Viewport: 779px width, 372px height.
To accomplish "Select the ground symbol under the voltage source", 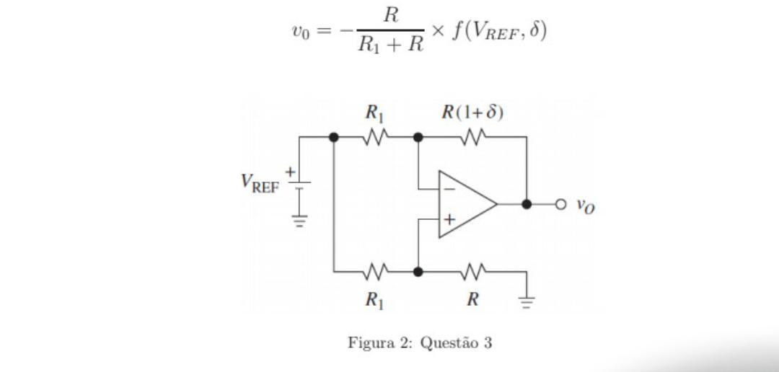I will [x=299, y=221].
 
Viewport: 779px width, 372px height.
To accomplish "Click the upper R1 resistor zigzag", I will [x=375, y=136].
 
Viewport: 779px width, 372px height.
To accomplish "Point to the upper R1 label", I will [x=374, y=112].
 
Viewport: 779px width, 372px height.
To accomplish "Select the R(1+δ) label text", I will [x=472, y=112].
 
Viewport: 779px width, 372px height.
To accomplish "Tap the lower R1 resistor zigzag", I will [x=375, y=272].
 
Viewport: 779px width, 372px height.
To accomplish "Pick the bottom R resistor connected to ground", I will [x=472, y=272].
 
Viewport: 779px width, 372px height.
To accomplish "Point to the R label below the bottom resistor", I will [x=472, y=299].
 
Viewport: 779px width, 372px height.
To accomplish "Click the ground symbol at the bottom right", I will [x=527, y=301].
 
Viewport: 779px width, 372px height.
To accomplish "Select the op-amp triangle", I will [x=465, y=205].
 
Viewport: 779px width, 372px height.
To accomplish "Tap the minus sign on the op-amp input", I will [x=449, y=190].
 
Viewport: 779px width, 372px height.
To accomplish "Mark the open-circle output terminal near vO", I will [x=561, y=205].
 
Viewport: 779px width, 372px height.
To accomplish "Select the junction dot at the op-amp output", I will [x=527, y=205].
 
